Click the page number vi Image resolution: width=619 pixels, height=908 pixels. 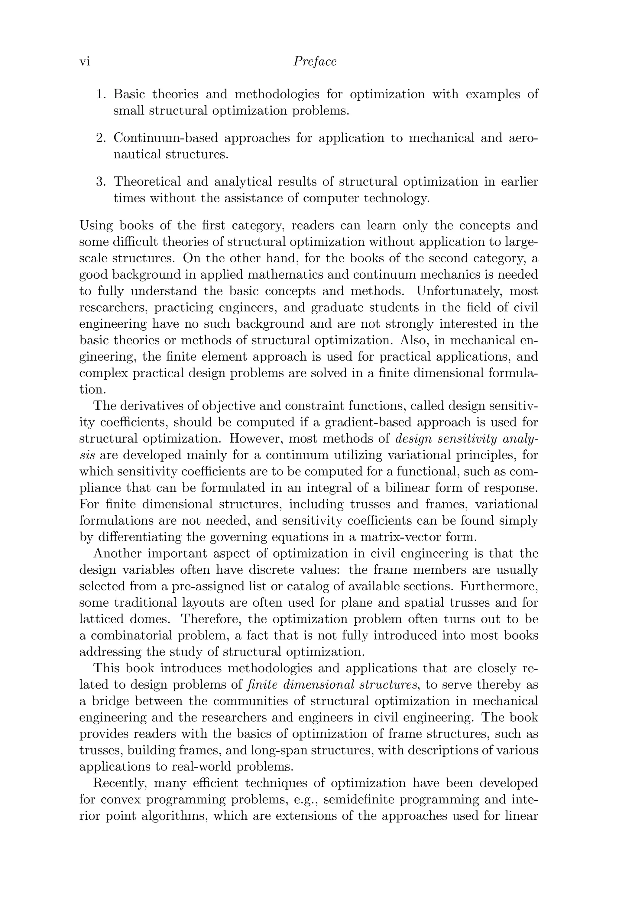(85, 62)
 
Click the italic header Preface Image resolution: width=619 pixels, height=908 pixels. (315, 62)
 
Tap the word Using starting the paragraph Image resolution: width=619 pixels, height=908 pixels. (96, 225)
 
